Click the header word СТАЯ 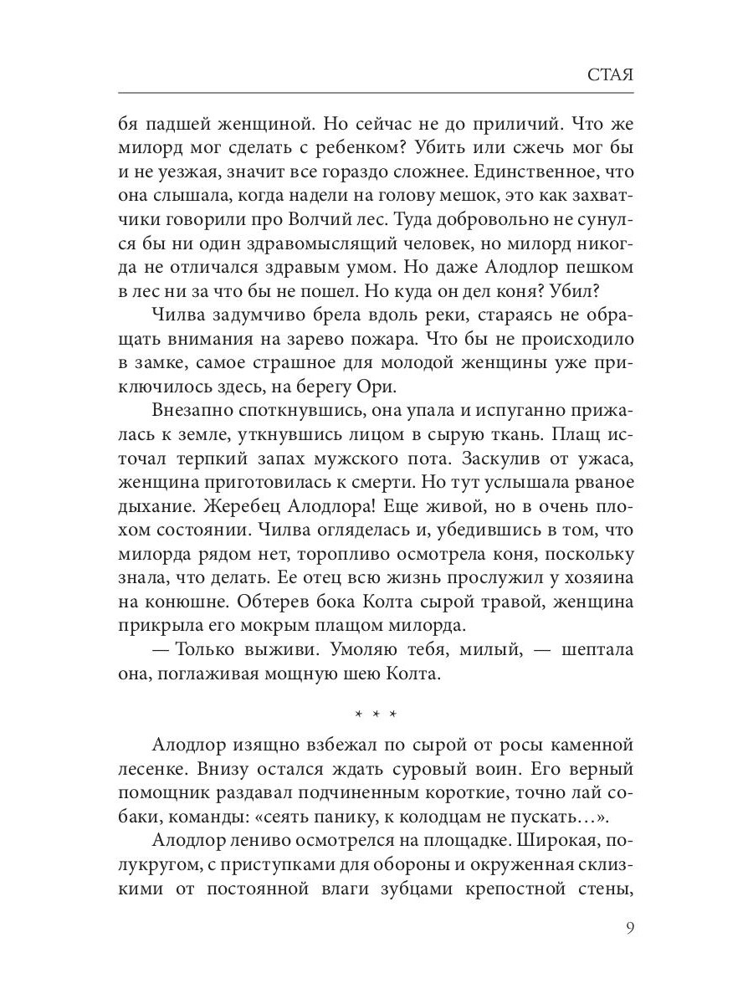(x=607, y=74)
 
